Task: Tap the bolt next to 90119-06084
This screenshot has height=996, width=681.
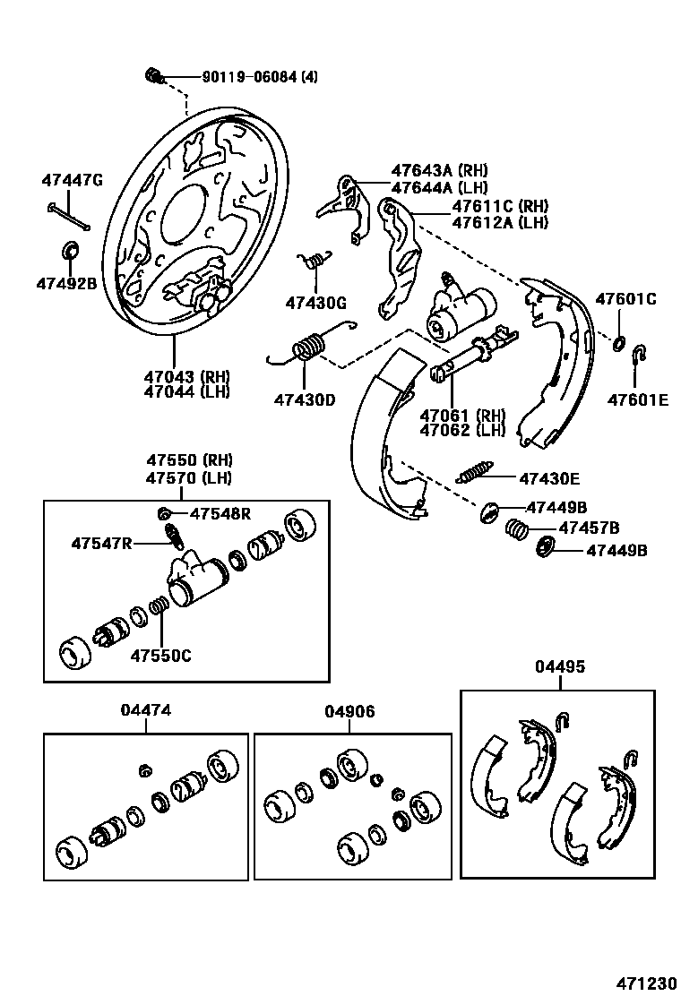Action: click(152, 75)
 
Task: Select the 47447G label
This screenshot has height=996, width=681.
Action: click(72, 180)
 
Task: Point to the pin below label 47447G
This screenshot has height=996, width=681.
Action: click(67, 216)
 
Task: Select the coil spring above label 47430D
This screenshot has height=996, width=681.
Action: click(309, 346)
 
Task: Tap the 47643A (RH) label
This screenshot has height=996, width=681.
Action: click(438, 170)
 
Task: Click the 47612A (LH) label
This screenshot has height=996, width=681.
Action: click(500, 223)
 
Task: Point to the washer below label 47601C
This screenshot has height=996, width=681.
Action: click(619, 342)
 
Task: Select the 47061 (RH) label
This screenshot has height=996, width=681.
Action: click(462, 415)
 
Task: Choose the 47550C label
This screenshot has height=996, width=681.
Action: click(160, 655)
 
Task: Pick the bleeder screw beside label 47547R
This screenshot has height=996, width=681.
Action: click(174, 537)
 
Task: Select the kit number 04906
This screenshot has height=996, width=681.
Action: click(349, 711)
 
